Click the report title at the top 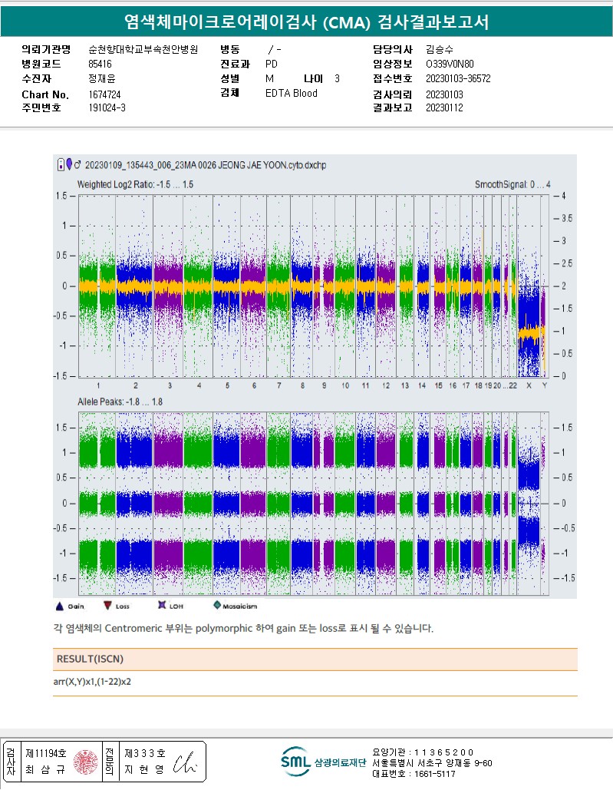pyautogui.click(x=306, y=22)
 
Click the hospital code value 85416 pyautogui.click(x=100, y=64)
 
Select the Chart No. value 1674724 pyautogui.click(x=105, y=94)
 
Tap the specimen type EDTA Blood pyautogui.click(x=291, y=94)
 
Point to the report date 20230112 pyautogui.click(x=444, y=108)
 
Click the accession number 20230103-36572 pyautogui.click(x=458, y=79)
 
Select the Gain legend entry pyautogui.click(x=70, y=606)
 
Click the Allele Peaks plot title pyautogui.click(x=120, y=402)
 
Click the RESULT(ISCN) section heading pyautogui.click(x=90, y=659)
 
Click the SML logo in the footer pyautogui.click(x=295, y=762)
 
